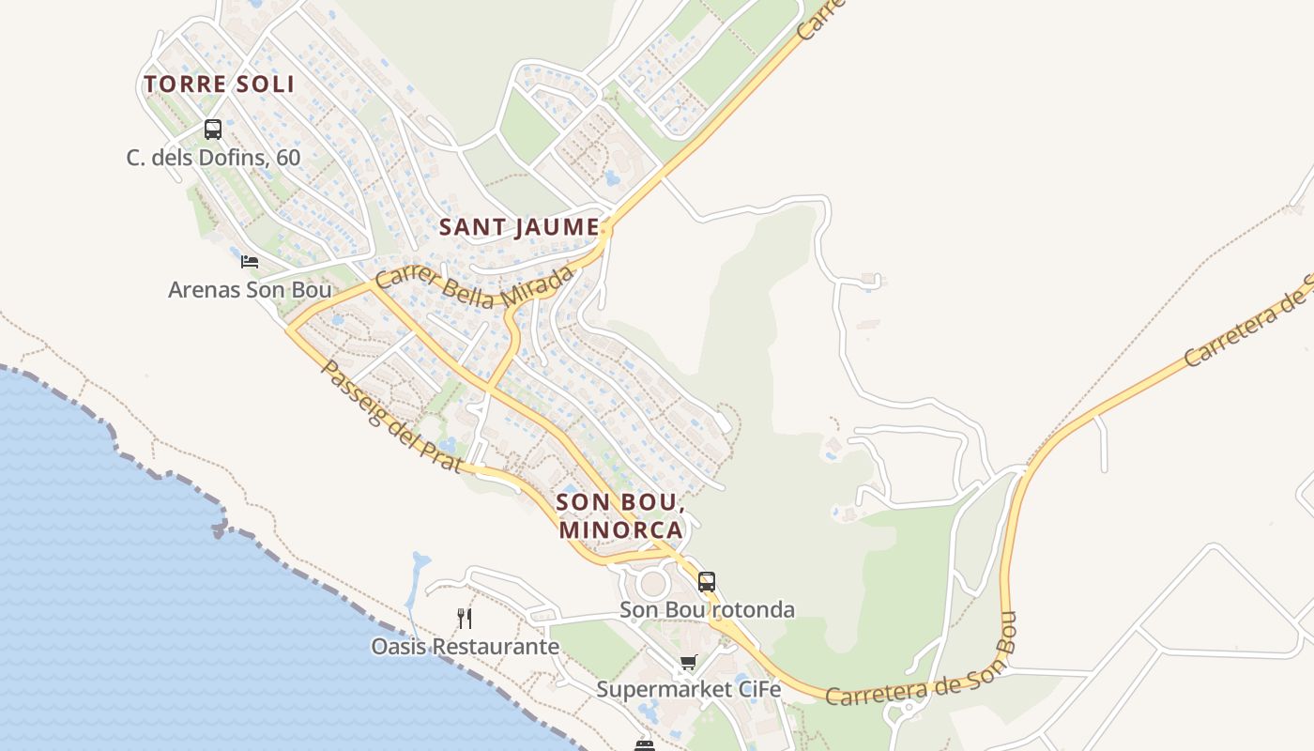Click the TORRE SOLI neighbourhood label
[220, 84]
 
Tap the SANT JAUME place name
[519, 227]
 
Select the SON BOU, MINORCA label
[620, 515]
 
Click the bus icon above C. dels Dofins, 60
[213, 130]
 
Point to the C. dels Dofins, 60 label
[214, 157]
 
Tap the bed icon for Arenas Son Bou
[250, 262]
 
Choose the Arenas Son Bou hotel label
[250, 289]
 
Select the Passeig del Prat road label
[390, 417]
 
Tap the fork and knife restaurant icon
[465, 618]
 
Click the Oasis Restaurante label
[466, 647]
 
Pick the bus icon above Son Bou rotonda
[707, 582]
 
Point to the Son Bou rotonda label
[707, 610]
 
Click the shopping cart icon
[689, 664]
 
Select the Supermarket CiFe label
[689, 690]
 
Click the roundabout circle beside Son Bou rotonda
[652, 584]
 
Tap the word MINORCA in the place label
[620, 529]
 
